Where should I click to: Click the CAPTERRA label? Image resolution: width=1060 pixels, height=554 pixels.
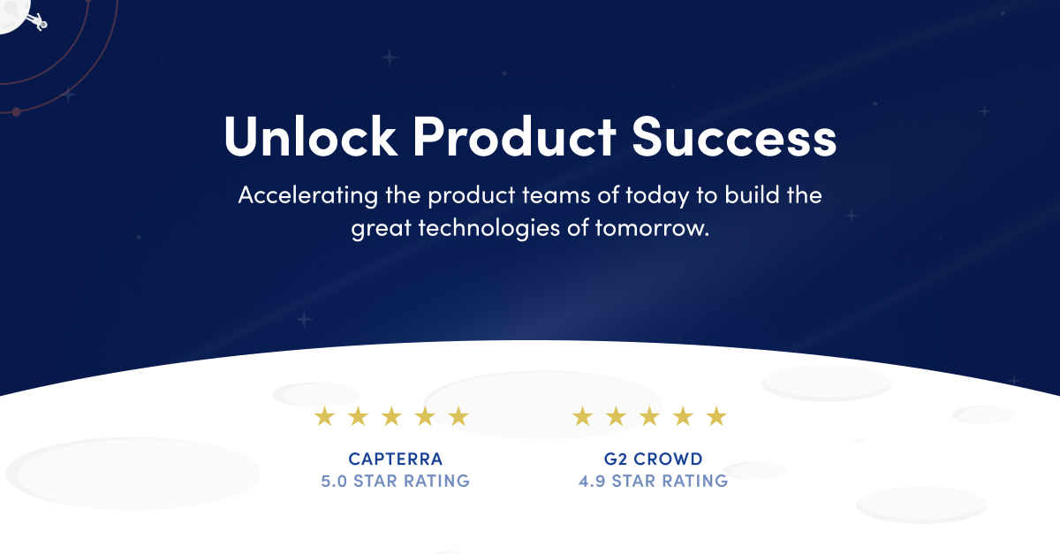395,459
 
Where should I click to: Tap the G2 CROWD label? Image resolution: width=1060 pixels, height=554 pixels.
649,459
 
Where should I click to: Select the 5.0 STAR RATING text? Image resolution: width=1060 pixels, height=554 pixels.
395,482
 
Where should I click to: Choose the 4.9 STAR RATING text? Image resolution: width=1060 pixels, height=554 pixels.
653,482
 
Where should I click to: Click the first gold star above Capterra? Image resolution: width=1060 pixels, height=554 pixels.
325,417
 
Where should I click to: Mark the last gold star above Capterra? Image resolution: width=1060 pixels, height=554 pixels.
458,417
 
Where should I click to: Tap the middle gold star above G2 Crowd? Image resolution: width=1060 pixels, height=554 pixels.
649,417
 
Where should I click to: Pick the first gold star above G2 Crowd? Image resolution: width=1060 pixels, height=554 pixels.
582,417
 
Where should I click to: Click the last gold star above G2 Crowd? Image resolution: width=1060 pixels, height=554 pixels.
716,417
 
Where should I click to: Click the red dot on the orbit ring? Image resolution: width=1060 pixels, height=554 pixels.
16,111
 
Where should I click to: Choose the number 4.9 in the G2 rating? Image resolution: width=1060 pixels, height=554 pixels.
593,482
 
